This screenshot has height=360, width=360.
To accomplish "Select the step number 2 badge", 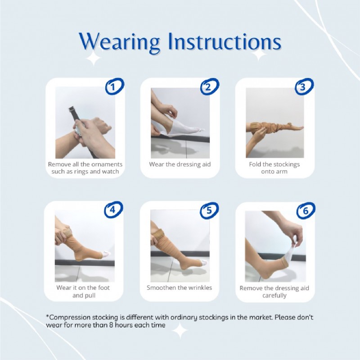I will click(209, 87).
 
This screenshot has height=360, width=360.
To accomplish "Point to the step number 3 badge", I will click(304, 87).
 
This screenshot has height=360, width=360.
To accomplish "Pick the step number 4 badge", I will click(113, 210).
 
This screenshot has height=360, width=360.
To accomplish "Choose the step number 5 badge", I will click(209, 210).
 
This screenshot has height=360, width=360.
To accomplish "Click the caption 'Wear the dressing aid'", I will click(179, 164).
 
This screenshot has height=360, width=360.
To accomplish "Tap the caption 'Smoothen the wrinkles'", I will click(179, 287).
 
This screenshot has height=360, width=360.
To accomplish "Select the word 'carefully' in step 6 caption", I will click(274, 296).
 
